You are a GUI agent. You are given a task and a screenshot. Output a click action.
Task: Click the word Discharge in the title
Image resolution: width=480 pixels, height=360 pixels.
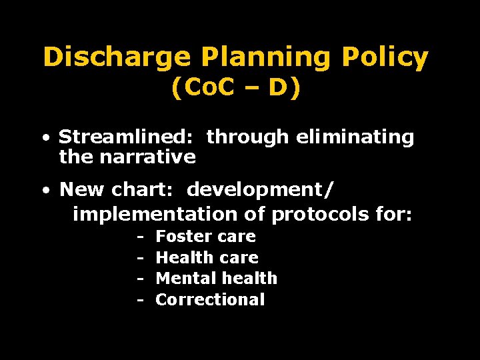pos(117,59)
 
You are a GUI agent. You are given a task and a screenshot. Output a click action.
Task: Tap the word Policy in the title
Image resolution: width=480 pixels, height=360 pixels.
pos(384,59)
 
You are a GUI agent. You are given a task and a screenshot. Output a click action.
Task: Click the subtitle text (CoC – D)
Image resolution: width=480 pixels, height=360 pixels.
pos(236,89)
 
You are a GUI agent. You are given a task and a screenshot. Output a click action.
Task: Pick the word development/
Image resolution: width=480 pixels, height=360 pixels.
pos(261,190)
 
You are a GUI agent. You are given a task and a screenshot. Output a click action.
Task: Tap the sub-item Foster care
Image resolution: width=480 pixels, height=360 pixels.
pos(205,237)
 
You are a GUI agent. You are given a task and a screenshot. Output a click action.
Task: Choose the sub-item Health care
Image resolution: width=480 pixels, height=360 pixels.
pos(207,257)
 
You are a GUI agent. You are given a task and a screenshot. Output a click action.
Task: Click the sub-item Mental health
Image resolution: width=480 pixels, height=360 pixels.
pos(216,278)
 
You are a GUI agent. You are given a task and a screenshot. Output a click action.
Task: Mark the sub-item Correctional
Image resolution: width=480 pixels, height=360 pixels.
pos(210,299)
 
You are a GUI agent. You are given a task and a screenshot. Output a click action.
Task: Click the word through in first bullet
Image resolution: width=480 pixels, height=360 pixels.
pos(247,137)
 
